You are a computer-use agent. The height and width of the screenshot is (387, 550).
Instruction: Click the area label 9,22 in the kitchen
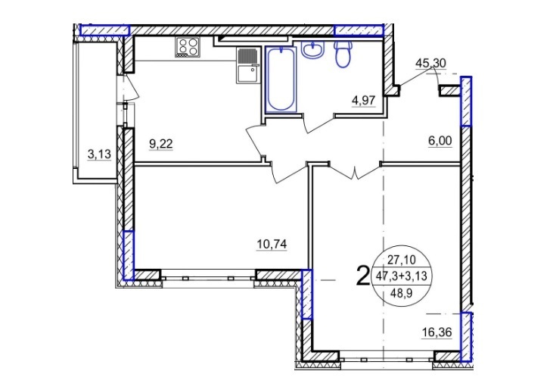[x=161, y=144]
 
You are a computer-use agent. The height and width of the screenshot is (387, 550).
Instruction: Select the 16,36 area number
[x=437, y=332]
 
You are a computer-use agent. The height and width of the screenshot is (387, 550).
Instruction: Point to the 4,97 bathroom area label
[x=363, y=101]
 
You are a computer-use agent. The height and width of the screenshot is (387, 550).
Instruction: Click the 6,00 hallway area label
[x=440, y=141]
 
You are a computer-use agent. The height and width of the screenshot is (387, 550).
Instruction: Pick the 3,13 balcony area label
[x=99, y=154]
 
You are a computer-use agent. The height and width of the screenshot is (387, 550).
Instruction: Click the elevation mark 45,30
[x=430, y=63]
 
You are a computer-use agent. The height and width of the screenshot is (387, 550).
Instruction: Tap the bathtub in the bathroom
[x=281, y=80]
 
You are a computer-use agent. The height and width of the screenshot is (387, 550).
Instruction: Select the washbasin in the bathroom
[x=312, y=49]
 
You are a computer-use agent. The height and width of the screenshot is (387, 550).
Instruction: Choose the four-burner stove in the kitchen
[x=188, y=47]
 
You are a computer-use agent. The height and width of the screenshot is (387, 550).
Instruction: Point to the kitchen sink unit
[x=248, y=66]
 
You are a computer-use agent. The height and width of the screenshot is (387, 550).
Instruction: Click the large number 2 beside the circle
[x=362, y=276]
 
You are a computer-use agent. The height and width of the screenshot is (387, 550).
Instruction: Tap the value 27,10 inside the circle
[x=402, y=260]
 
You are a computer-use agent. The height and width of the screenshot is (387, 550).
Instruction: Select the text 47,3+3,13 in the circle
[x=402, y=276]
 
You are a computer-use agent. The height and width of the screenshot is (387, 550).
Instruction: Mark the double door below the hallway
[x=355, y=170]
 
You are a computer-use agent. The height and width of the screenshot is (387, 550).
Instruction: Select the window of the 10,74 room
[x=208, y=278]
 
